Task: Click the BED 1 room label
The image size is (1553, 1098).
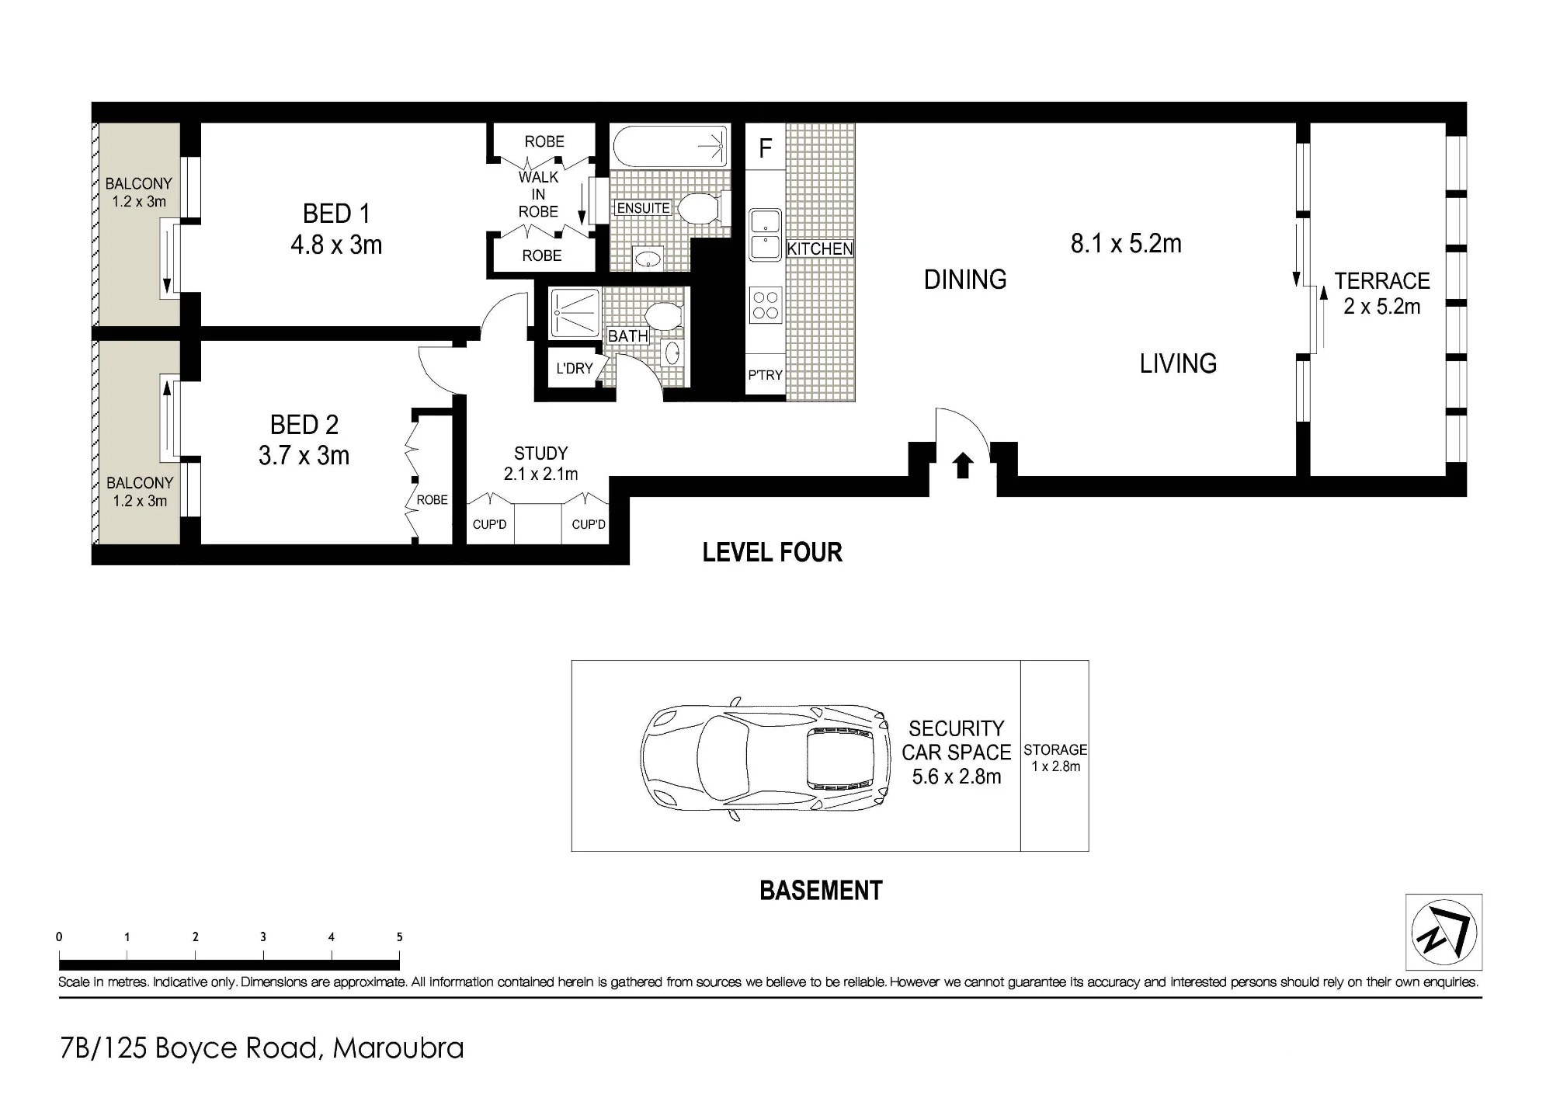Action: click(x=336, y=214)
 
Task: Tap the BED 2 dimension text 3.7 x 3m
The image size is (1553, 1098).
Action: click(x=304, y=455)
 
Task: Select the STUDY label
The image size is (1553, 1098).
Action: click(x=540, y=453)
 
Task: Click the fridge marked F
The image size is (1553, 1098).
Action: click(x=766, y=148)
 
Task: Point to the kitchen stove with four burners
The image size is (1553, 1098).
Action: click(x=766, y=304)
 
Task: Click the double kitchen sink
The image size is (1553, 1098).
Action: click(x=766, y=235)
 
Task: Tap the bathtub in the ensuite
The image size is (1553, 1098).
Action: click(x=670, y=146)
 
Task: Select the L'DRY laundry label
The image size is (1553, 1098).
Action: click(x=575, y=368)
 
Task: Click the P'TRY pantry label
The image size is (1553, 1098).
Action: click(x=765, y=375)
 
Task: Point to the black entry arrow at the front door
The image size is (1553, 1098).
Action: click(x=963, y=465)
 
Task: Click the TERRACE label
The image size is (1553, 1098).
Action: click(x=1382, y=280)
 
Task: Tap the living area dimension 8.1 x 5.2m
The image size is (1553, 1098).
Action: click(x=1126, y=244)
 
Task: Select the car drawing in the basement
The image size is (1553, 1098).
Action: click(x=766, y=758)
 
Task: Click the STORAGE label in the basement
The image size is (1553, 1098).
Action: click(x=1055, y=749)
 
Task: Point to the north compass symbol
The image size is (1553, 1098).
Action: click(x=1444, y=932)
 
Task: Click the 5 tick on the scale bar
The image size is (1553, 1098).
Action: click(x=399, y=937)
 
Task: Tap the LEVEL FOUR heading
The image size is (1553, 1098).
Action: click(x=773, y=552)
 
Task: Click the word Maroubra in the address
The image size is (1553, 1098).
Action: click(x=398, y=1048)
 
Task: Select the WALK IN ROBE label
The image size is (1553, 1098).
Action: click(x=538, y=194)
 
